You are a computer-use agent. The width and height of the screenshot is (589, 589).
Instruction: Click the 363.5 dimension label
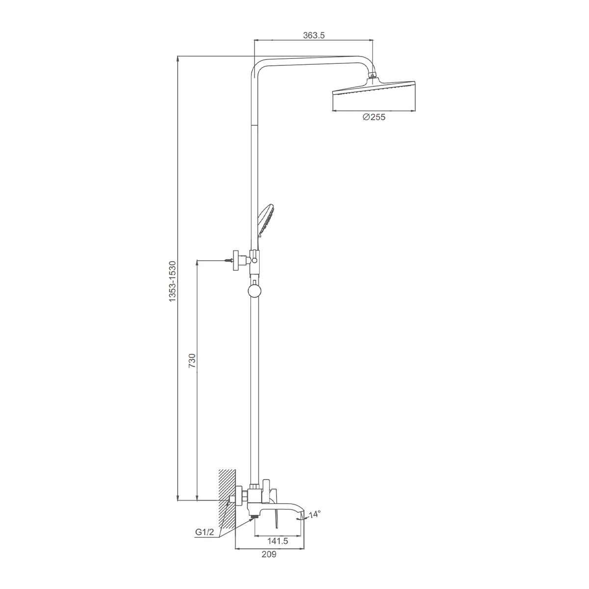[314, 35]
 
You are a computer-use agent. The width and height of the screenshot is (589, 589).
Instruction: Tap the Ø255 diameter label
[374, 117]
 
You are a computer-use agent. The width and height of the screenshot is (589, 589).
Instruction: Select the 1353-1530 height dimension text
[173, 282]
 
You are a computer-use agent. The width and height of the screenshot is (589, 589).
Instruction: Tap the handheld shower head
[266, 220]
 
